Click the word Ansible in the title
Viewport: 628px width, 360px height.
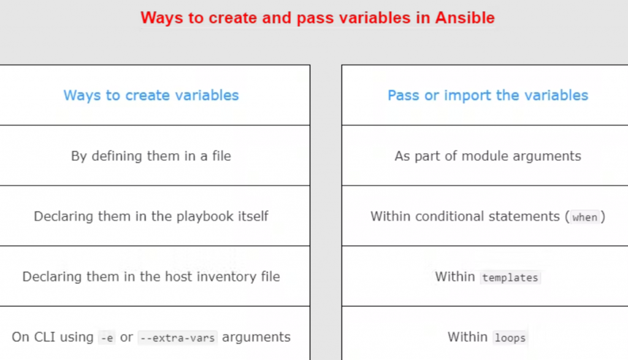tap(465, 18)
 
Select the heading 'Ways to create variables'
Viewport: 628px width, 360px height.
tap(151, 95)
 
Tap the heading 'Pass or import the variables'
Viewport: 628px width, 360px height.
tap(488, 95)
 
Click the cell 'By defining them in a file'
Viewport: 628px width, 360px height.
tap(151, 156)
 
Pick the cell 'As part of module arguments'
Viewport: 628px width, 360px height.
tap(488, 156)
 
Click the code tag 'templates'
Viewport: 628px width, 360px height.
tap(510, 277)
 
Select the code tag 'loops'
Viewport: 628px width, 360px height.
tap(510, 338)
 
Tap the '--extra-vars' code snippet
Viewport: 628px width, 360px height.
tap(177, 338)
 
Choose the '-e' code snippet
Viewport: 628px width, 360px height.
tap(107, 338)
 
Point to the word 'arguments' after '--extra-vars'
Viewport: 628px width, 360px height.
tap(256, 337)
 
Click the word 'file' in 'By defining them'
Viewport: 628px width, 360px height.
tap(221, 156)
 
